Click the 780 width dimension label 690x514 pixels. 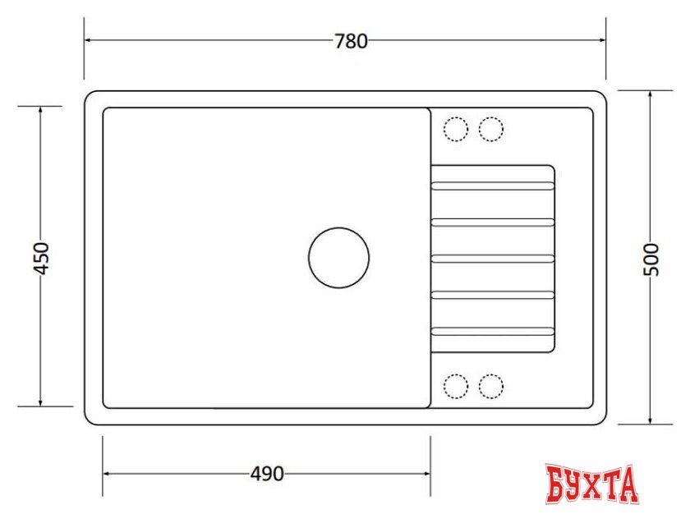[351, 41]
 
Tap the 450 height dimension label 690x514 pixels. [42, 258]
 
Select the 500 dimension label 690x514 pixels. [651, 259]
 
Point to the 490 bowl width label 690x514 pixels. [267, 474]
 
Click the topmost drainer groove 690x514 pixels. [492, 186]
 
